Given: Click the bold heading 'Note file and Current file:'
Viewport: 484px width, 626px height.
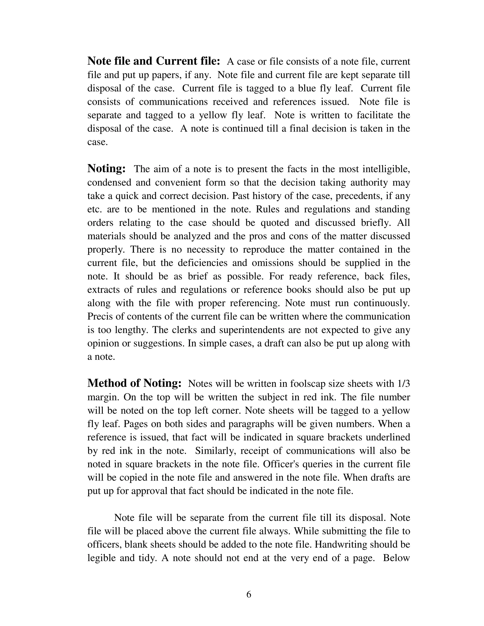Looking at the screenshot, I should point(153,61).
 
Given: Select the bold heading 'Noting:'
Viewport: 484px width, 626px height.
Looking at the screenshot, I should point(106,168).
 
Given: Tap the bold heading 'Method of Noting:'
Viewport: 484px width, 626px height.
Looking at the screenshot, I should point(134,383).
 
